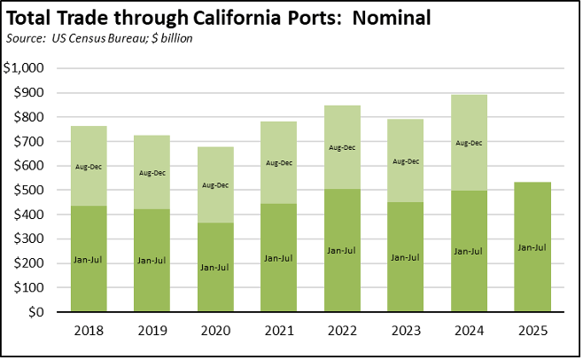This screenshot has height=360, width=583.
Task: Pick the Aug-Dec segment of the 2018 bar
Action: (89, 166)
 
